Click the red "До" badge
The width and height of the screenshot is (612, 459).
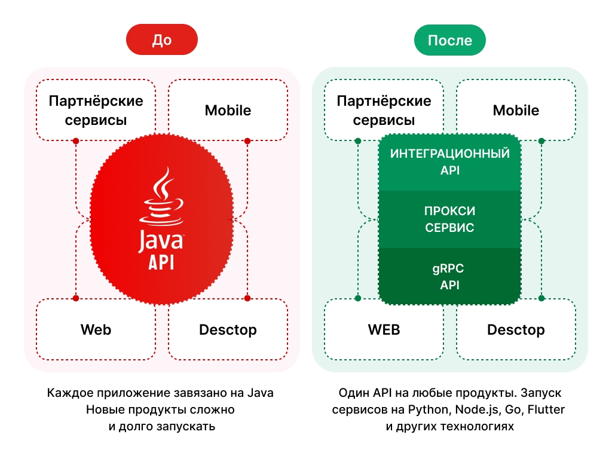point(161,40)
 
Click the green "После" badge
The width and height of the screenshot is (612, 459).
point(449,40)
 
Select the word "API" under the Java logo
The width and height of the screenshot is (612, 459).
point(161,263)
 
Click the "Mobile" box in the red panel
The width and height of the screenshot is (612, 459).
point(228,111)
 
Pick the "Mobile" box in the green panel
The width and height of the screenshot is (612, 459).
point(516,111)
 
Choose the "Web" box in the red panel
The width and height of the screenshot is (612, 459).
point(96,329)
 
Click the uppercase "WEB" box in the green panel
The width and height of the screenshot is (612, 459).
point(384,329)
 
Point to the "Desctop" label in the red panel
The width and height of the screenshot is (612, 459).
point(228,329)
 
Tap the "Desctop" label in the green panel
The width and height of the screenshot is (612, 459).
point(516,329)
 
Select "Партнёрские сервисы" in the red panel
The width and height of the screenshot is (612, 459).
point(96,110)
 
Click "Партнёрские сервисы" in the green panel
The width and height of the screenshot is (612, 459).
point(384,110)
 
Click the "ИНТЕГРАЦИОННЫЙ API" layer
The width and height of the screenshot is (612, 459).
point(449,162)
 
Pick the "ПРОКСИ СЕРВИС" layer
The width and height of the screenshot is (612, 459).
point(449,219)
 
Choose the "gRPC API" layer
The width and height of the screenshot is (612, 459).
point(449,277)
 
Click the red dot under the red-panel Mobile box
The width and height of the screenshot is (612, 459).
point(247,141)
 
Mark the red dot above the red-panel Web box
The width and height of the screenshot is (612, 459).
point(76,298)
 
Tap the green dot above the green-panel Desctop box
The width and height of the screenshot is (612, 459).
point(541,298)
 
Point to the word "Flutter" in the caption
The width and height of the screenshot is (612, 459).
point(546,410)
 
